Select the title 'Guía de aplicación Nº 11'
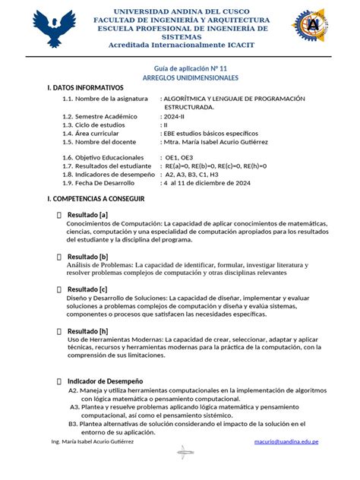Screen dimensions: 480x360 coord(180,68)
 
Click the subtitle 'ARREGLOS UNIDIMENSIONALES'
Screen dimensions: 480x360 coord(180,78)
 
